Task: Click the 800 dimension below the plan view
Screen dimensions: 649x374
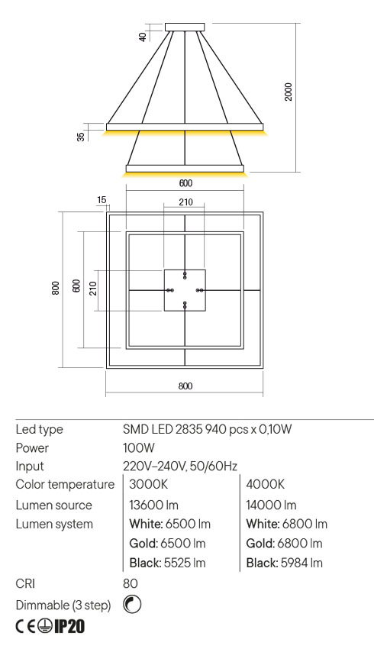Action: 184,386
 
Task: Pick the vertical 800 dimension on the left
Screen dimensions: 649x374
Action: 56,289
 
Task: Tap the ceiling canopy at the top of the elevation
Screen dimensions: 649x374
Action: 185,27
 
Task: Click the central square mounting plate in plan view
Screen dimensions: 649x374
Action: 185,290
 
